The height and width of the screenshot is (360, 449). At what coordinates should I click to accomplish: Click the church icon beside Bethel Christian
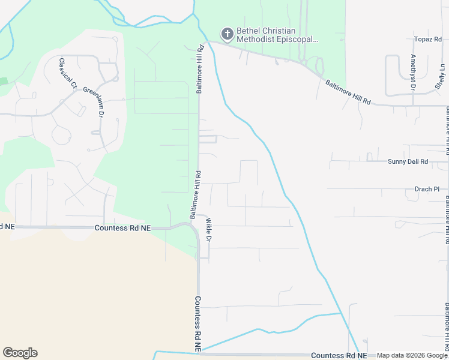pyautogui.click(x=228, y=32)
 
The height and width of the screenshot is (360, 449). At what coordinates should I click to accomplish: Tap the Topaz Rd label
pyautogui.click(x=428, y=39)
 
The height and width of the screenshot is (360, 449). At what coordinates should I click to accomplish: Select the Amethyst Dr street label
pyautogui.click(x=413, y=72)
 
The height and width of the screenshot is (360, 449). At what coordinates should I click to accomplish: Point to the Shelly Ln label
pyautogui.click(x=440, y=77)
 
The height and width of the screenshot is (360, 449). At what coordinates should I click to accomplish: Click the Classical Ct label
pyautogui.click(x=68, y=73)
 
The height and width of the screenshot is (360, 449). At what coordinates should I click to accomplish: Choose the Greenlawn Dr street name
pyautogui.click(x=94, y=101)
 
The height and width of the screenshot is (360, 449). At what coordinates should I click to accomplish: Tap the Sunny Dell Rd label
pyautogui.click(x=408, y=162)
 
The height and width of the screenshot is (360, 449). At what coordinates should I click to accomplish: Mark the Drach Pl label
pyautogui.click(x=427, y=189)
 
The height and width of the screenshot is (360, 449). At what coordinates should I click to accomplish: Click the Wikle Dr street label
pyautogui.click(x=209, y=230)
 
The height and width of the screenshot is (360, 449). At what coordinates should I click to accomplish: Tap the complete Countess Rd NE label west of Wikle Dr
pyautogui.click(x=123, y=228)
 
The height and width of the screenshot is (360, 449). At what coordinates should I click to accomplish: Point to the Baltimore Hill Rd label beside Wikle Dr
pyautogui.click(x=194, y=194)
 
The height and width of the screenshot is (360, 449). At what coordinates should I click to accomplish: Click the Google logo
pyautogui.click(x=20, y=353)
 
